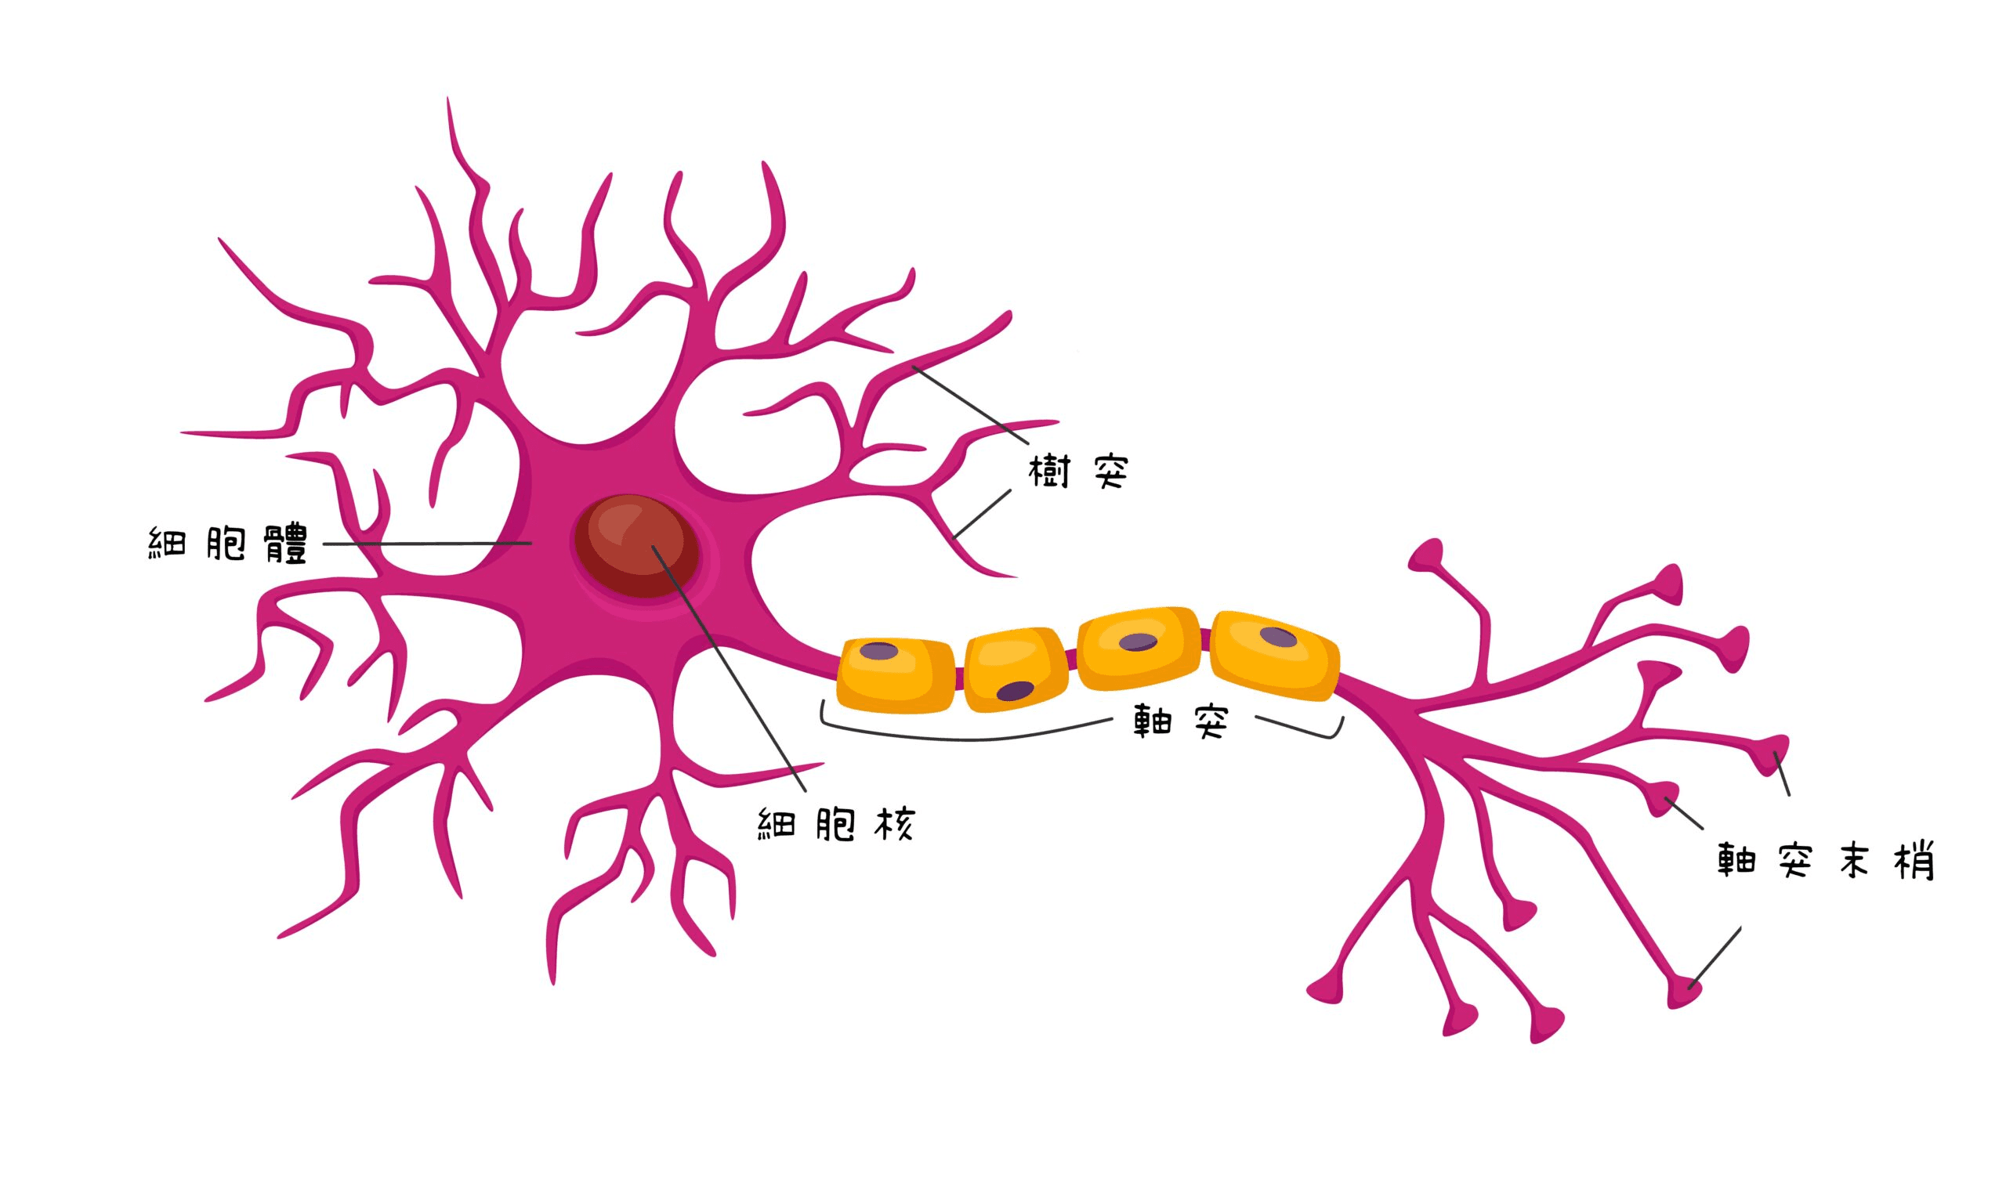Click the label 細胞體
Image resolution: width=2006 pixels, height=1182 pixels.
coord(228,544)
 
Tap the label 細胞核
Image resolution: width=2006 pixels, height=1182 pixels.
coord(835,825)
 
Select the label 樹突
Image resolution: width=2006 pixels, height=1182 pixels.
coord(1078,472)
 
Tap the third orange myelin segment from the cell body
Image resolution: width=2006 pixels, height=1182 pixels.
coord(1139,649)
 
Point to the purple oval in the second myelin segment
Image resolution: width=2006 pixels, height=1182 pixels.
coord(1015,691)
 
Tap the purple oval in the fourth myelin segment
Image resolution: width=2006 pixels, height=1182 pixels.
coord(1278,636)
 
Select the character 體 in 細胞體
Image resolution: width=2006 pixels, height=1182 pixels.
coord(285,544)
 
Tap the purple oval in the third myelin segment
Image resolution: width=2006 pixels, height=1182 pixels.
coord(1138,642)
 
